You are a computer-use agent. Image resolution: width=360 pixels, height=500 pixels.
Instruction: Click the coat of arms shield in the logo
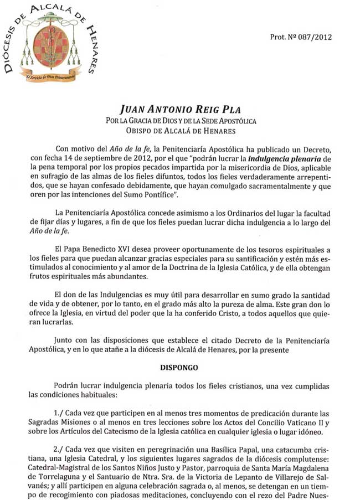point(51,45)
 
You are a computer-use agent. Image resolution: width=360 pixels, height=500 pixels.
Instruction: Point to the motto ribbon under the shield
point(51,72)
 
